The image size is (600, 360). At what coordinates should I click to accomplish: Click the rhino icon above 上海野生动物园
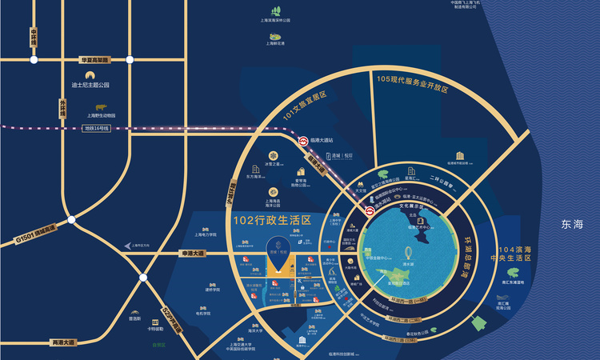pos(102,106)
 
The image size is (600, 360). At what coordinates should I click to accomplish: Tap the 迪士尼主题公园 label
pos(90,85)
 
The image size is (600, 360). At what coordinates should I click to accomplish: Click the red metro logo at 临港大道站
pos(303,141)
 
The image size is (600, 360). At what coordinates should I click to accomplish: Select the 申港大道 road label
pos(191,254)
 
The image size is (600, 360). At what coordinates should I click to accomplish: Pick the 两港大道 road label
pos(62,342)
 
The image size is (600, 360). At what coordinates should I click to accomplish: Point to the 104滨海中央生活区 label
pos(532,254)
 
